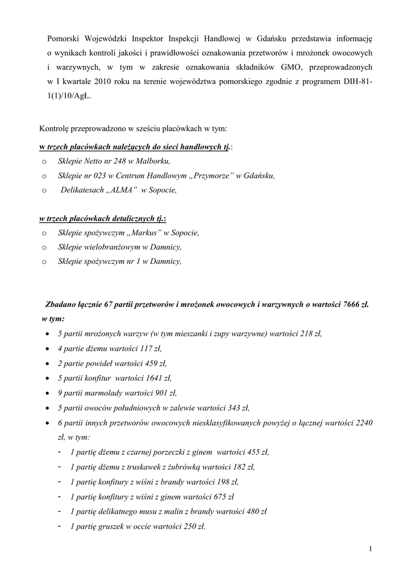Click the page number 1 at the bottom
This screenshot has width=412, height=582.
point(370,548)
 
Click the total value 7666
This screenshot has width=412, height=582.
point(352,304)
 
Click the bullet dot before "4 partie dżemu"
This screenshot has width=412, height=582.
point(46,348)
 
